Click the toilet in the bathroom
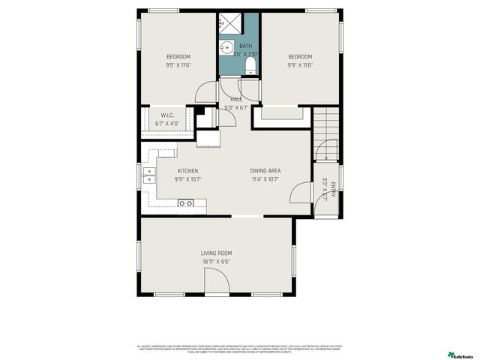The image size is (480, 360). point(250,68)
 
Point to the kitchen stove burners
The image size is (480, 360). point(185,202)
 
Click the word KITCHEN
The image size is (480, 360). point(187,171)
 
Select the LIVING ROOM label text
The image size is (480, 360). point(216,253)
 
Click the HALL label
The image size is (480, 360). point(235,99)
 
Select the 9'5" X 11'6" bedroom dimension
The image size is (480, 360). point(178,65)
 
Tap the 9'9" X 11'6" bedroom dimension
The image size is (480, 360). point(299,65)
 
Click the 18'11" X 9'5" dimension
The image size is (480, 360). point(216,262)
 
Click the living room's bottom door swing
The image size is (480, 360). point(214,282)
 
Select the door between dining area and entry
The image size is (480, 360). point(300,193)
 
